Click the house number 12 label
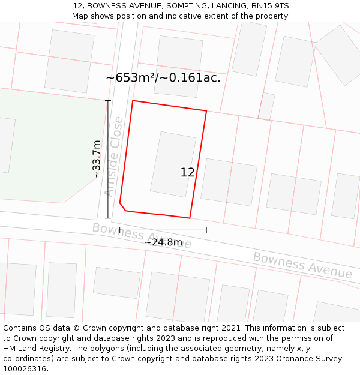[187, 172]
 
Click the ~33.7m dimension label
[96, 159]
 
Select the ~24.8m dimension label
[163, 242]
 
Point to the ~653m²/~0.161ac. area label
[163, 77]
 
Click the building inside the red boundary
[173, 164]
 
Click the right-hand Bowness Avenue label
[302, 265]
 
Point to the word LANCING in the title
[223, 6]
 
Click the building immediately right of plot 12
[229, 182]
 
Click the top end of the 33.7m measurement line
[108, 101]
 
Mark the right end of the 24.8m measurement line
[206, 229]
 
